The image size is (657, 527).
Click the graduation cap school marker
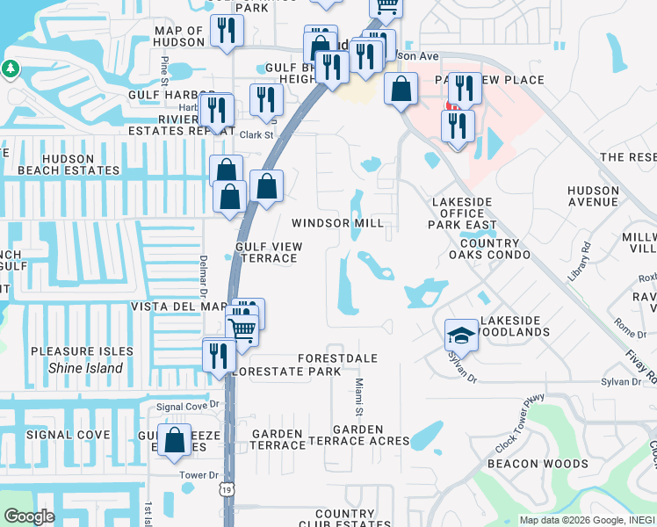461,336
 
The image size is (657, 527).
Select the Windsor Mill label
338,223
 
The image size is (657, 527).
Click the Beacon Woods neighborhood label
538,463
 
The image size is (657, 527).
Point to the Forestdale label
337,358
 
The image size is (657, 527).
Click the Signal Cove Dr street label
188,407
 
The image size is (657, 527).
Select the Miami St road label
359,397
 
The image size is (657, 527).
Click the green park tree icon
11,68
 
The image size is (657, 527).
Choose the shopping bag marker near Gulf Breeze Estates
176,442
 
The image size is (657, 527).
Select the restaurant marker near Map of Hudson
226,32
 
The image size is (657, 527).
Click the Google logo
29,516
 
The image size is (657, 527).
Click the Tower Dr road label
191,475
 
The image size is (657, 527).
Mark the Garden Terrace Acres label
358,435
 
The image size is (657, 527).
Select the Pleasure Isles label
82,351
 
